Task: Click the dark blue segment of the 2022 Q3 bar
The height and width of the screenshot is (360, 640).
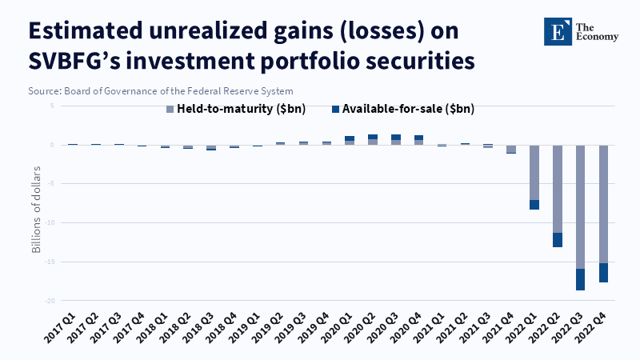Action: pos(580,279)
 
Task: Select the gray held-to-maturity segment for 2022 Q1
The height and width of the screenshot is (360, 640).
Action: pos(534,173)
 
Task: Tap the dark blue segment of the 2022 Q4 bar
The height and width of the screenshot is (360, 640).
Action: pos(603,273)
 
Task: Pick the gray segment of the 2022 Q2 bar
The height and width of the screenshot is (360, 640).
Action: pos(557,189)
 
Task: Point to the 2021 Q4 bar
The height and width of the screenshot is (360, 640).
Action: pos(511,150)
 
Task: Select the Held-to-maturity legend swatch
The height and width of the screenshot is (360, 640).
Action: pos(170,110)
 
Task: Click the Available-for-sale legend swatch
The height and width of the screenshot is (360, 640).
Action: pos(335,110)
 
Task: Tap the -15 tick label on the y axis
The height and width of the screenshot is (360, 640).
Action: pos(50,262)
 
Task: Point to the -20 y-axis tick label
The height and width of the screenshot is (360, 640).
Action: pos(50,301)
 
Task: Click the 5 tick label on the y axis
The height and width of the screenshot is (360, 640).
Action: pos(52,106)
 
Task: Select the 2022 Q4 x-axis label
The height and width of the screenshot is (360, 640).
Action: pos(590,328)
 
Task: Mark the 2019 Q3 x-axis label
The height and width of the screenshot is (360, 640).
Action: pos(290,328)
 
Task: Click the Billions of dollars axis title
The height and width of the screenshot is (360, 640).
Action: pos(36,210)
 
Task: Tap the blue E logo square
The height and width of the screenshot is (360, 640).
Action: pos(558,31)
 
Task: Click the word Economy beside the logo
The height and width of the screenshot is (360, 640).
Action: pos(597,37)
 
